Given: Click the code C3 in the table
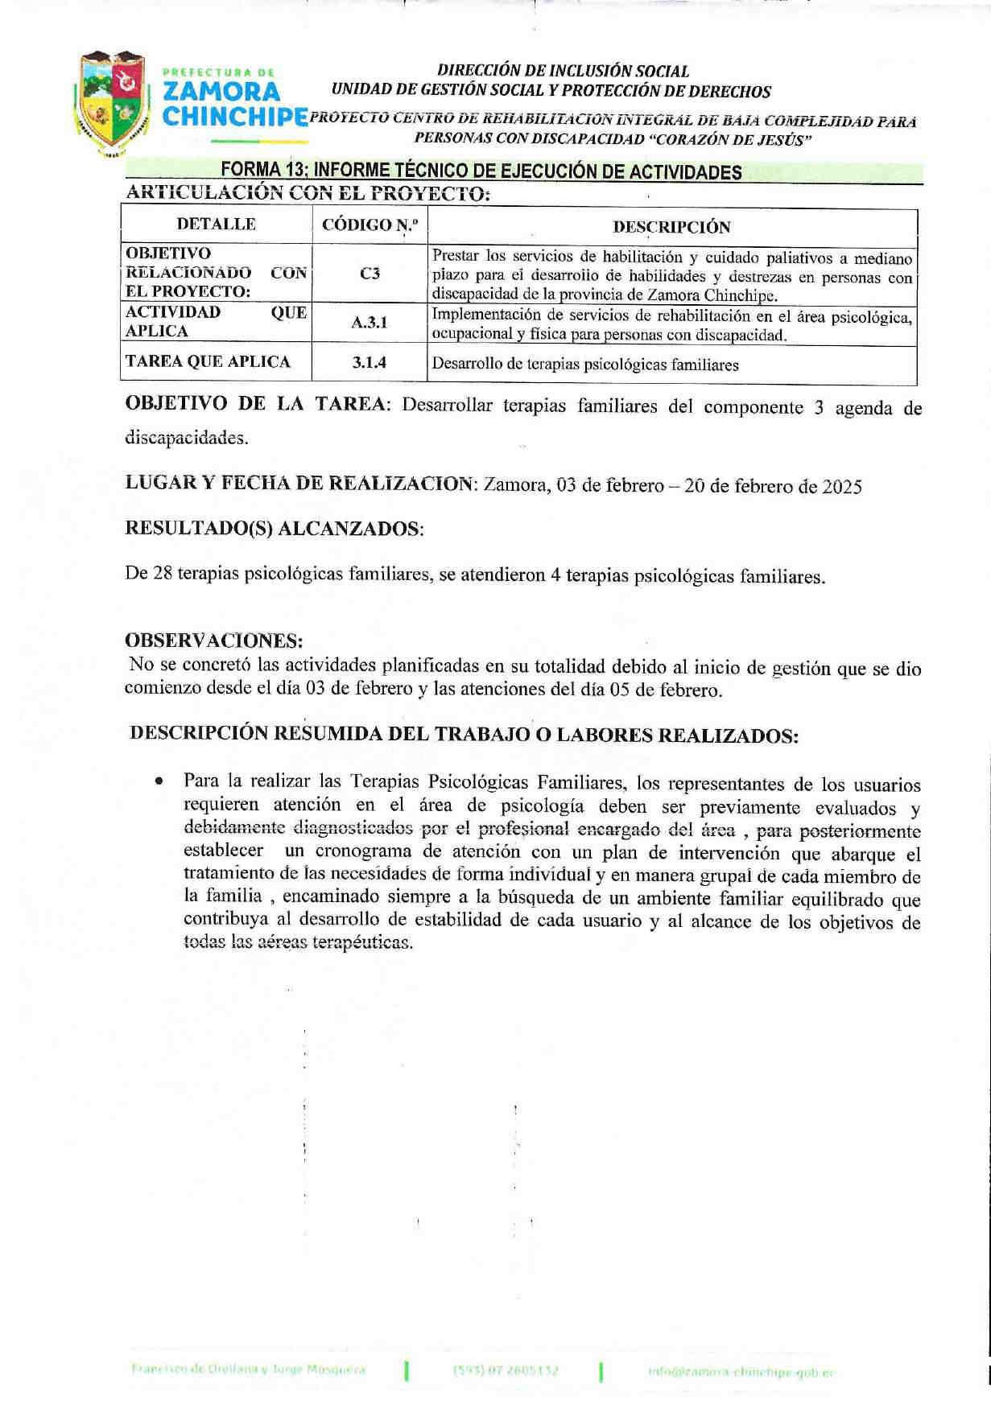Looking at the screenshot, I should (370, 274).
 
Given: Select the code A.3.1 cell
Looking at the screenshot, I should (370, 323).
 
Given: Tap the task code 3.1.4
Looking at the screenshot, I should (370, 363).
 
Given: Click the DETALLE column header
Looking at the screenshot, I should (217, 225).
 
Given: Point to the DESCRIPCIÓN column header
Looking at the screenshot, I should (671, 227).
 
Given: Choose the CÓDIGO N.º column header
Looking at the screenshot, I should (370, 225).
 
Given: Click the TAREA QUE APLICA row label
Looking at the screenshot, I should (208, 362).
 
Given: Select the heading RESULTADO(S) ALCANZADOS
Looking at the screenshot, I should (275, 529).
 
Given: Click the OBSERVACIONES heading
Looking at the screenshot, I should (214, 641).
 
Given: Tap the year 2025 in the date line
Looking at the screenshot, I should (842, 487).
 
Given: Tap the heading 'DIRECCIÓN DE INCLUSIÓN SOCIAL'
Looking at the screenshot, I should (563, 72).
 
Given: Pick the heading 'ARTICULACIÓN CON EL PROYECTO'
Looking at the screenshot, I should (308, 193).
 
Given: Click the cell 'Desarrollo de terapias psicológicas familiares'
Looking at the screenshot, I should (585, 365).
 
